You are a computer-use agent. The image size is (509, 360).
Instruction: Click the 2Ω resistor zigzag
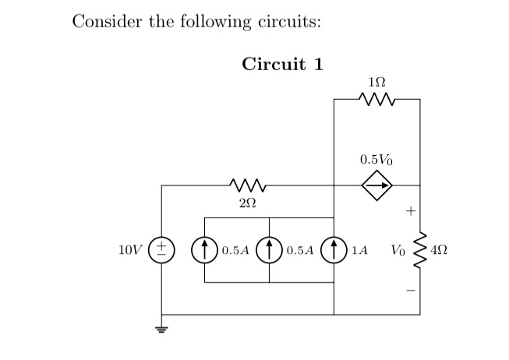click(x=247, y=185)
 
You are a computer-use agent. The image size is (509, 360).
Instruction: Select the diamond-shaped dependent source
click(x=377, y=185)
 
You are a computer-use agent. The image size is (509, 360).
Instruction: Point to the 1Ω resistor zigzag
click(x=377, y=100)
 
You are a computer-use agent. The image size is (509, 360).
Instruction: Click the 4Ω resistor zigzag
click(x=420, y=251)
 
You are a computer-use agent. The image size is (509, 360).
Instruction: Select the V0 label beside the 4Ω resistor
click(x=398, y=252)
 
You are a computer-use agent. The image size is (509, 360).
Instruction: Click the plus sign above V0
click(x=410, y=210)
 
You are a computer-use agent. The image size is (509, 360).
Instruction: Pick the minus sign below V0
click(x=410, y=292)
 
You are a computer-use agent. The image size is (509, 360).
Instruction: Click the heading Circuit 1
click(x=282, y=64)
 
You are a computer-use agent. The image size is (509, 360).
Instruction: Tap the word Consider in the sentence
click(x=102, y=21)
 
